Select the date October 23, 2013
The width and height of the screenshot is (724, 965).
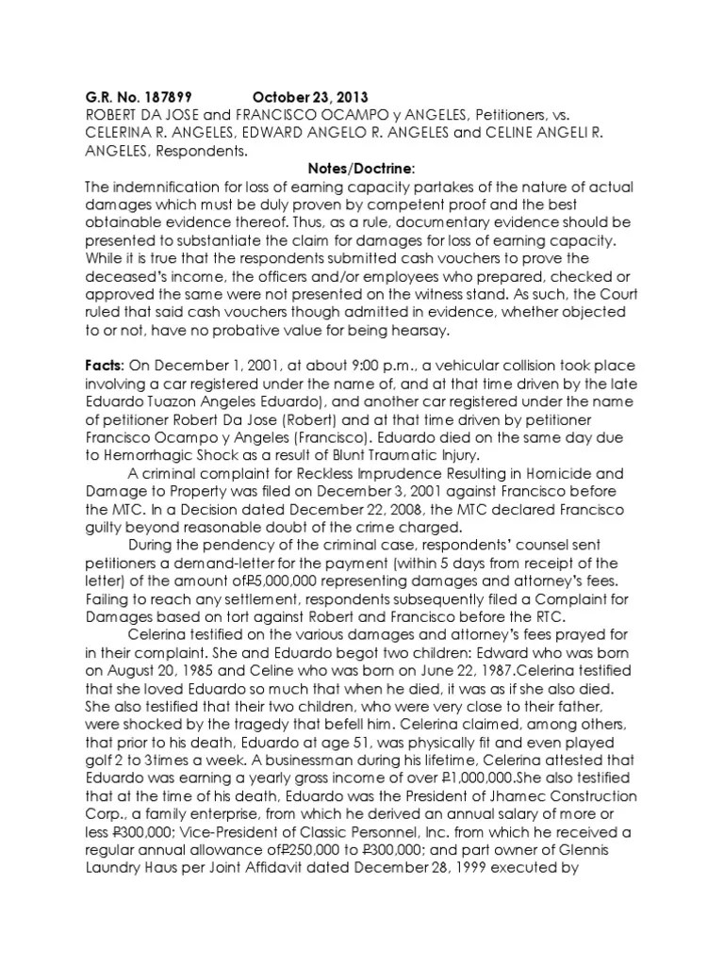tap(310, 97)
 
